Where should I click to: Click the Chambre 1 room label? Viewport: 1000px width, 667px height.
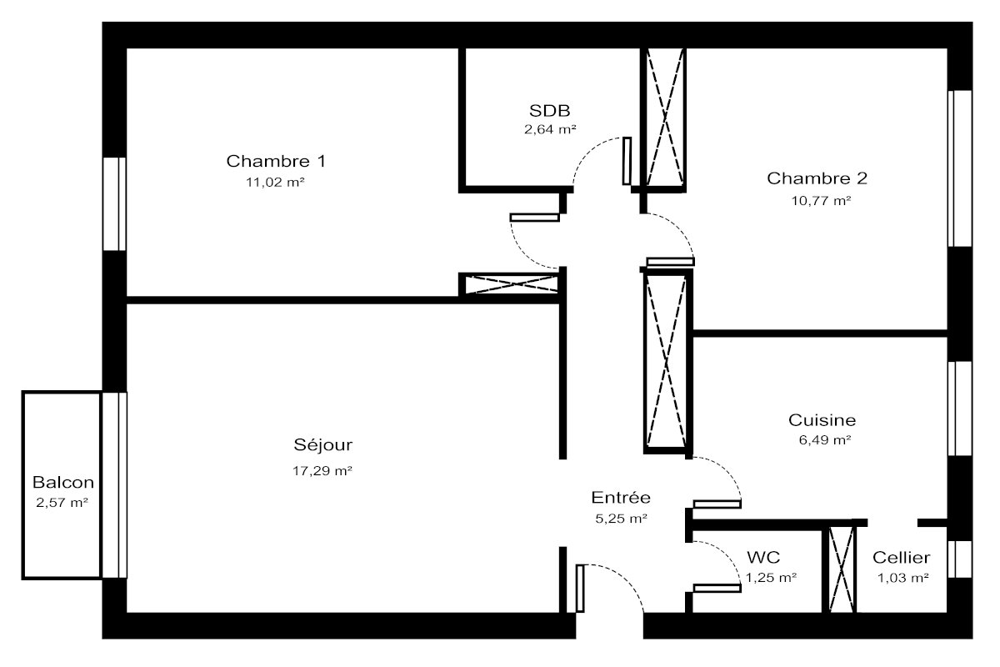[276, 161]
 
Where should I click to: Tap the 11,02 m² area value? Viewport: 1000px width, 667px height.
[275, 183]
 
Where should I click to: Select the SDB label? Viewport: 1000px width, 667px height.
[549, 110]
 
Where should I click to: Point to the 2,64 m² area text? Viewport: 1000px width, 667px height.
[550, 129]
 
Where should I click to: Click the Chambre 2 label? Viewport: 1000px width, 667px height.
[817, 178]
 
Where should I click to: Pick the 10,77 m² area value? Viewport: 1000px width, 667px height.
[821, 201]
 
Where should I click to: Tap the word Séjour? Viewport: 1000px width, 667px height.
[322, 445]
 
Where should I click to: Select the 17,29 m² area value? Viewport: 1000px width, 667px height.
[322, 471]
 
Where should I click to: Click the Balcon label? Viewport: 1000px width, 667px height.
[63, 483]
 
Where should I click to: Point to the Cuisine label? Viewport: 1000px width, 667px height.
[822, 420]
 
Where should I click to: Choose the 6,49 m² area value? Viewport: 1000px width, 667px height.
[824, 440]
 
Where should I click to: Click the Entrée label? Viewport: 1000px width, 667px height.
[621, 497]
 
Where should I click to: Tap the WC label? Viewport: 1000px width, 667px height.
[763, 558]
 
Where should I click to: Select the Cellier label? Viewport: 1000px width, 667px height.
[902, 558]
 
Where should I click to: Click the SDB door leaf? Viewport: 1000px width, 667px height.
[627, 161]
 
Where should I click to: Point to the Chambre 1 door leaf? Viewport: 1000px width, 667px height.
[535, 218]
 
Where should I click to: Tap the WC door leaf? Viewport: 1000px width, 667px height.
[717, 589]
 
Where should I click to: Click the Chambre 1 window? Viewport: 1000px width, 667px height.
[115, 203]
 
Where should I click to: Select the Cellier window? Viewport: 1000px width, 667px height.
[960, 559]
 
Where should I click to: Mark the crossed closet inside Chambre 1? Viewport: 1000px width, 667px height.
[512, 284]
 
